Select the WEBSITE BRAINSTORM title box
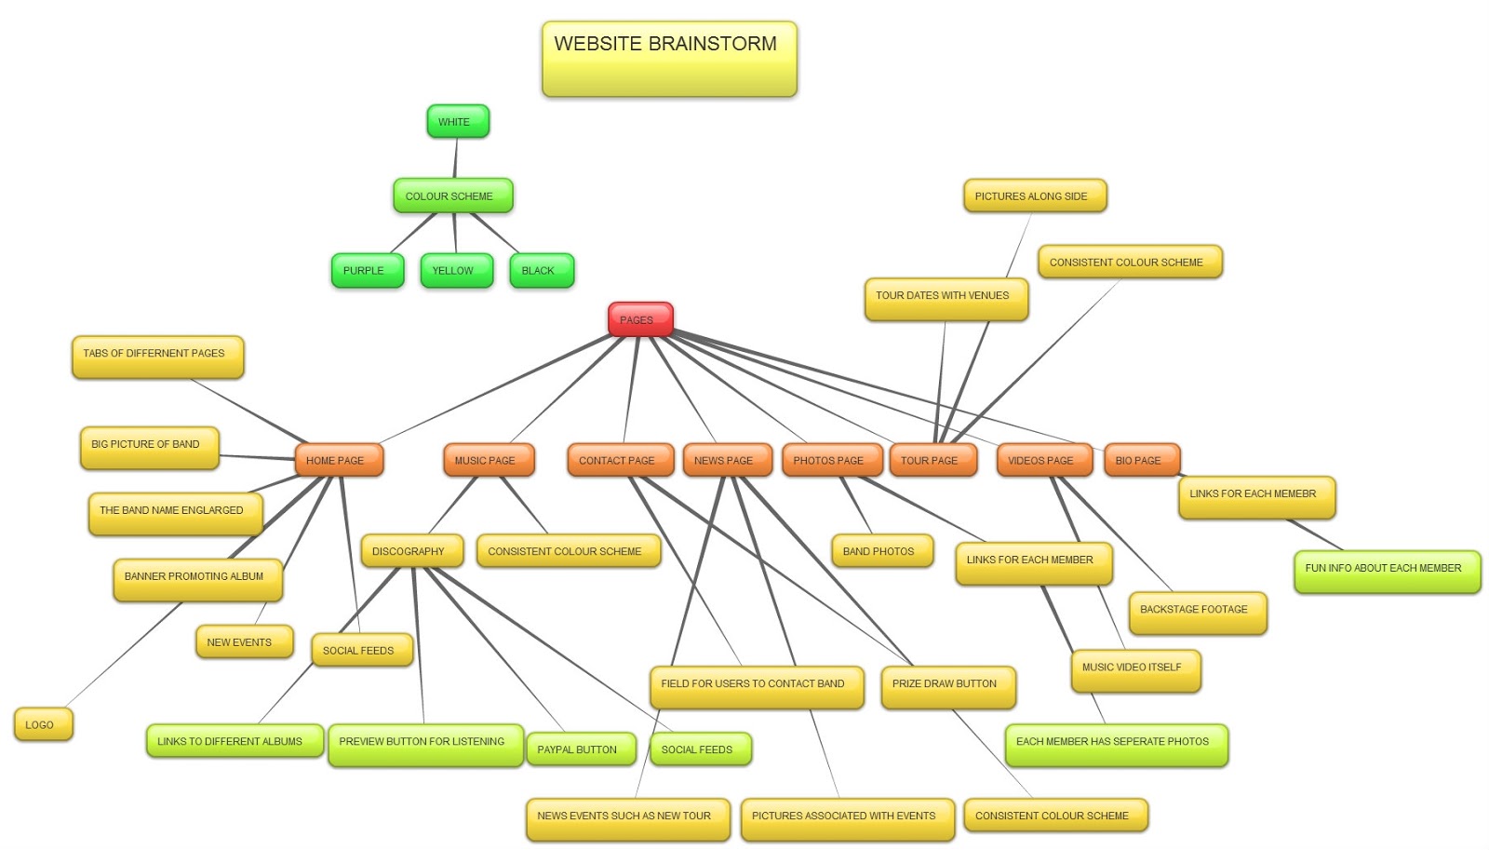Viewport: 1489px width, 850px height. click(669, 59)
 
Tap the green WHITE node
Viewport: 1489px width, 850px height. click(457, 121)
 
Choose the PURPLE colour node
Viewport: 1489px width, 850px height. click(367, 271)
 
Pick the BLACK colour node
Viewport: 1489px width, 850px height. click(541, 271)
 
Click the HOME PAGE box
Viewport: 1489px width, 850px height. click(338, 460)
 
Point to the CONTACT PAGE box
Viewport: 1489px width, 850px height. click(620, 460)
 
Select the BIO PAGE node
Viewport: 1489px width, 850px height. click(1141, 460)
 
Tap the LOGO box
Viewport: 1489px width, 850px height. click(43, 724)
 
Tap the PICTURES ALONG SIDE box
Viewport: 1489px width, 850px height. click(1034, 196)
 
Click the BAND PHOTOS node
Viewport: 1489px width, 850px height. click(881, 551)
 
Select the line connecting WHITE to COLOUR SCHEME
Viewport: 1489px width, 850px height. click(455, 158)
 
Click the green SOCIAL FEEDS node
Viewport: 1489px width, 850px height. click(700, 749)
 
